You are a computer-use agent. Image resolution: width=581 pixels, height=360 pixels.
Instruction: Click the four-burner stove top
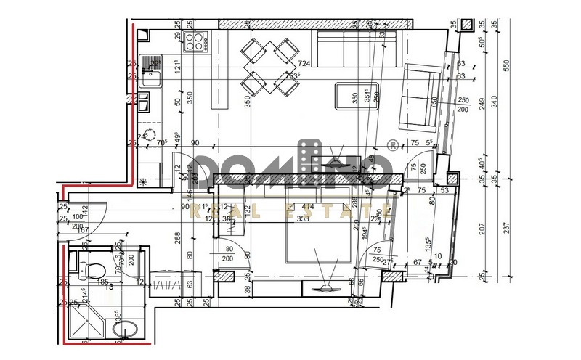pos(194,41)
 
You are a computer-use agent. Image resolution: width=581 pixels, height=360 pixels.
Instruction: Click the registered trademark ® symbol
pos(393,144)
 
